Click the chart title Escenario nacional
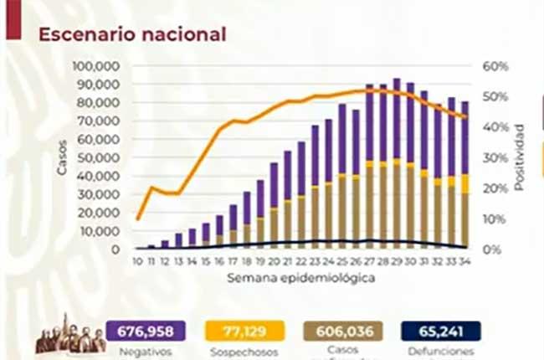(131, 34)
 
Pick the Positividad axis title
(519, 157)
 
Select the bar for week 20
(274, 206)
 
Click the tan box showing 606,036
(344, 331)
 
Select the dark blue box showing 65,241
(441, 331)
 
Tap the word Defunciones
(441, 352)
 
